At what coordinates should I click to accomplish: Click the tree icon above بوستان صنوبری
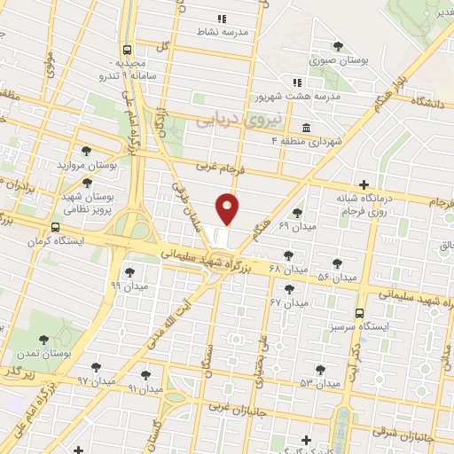(337, 47)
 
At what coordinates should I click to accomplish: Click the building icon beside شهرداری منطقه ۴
(306, 127)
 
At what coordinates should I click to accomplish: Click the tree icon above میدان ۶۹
(296, 212)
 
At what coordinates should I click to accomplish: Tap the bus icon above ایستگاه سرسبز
(360, 313)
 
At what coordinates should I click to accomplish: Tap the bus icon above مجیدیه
(129, 51)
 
